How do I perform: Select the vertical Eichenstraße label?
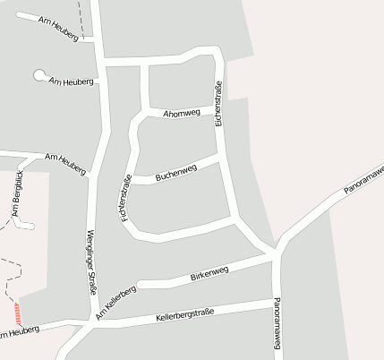[218, 104]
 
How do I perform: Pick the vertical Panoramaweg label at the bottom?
[277, 322]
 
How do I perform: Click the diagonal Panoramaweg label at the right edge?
[363, 180]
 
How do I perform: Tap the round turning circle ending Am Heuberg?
[39, 75]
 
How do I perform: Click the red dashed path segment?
[16, 313]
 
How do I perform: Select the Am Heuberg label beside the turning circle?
[72, 81]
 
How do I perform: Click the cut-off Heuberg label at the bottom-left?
[20, 334]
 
